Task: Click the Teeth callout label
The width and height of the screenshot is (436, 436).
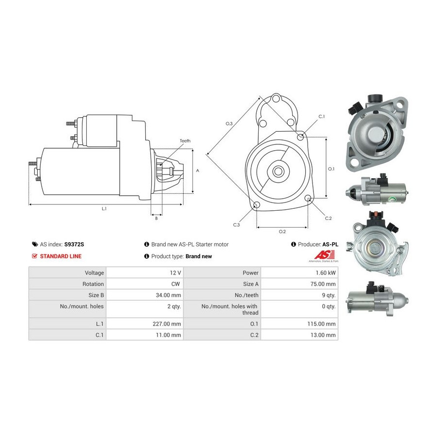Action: click(x=185, y=141)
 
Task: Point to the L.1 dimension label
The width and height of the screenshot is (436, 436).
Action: click(x=104, y=209)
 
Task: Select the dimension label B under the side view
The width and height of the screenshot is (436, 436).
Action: click(x=156, y=218)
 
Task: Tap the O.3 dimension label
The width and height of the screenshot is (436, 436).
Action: click(x=229, y=124)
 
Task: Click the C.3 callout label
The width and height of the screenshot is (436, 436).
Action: click(x=236, y=225)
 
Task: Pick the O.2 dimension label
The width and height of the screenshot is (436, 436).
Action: click(x=282, y=232)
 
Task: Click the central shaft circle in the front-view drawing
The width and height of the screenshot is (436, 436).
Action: click(x=278, y=171)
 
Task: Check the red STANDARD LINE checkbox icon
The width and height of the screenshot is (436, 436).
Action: click(x=34, y=256)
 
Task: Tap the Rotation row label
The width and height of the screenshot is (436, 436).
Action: click(x=93, y=284)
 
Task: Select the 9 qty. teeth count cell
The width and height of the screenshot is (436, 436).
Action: click(x=327, y=295)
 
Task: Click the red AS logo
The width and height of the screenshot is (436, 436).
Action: click(x=322, y=255)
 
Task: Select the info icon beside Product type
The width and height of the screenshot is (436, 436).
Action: click(x=146, y=256)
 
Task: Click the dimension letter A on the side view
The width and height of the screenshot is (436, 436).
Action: click(x=197, y=171)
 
